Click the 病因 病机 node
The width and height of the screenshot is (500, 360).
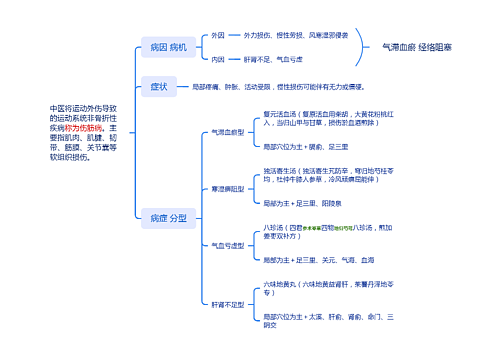167,47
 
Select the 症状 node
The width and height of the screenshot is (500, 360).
158,87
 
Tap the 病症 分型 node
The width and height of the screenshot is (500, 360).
167,217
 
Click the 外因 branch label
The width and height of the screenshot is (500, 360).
218,35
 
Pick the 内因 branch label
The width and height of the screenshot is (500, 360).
218,60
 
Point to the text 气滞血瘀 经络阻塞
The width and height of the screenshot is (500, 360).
417,47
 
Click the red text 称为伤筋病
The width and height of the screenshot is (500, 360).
86,129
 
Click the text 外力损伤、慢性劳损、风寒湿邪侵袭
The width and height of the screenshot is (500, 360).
297,35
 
